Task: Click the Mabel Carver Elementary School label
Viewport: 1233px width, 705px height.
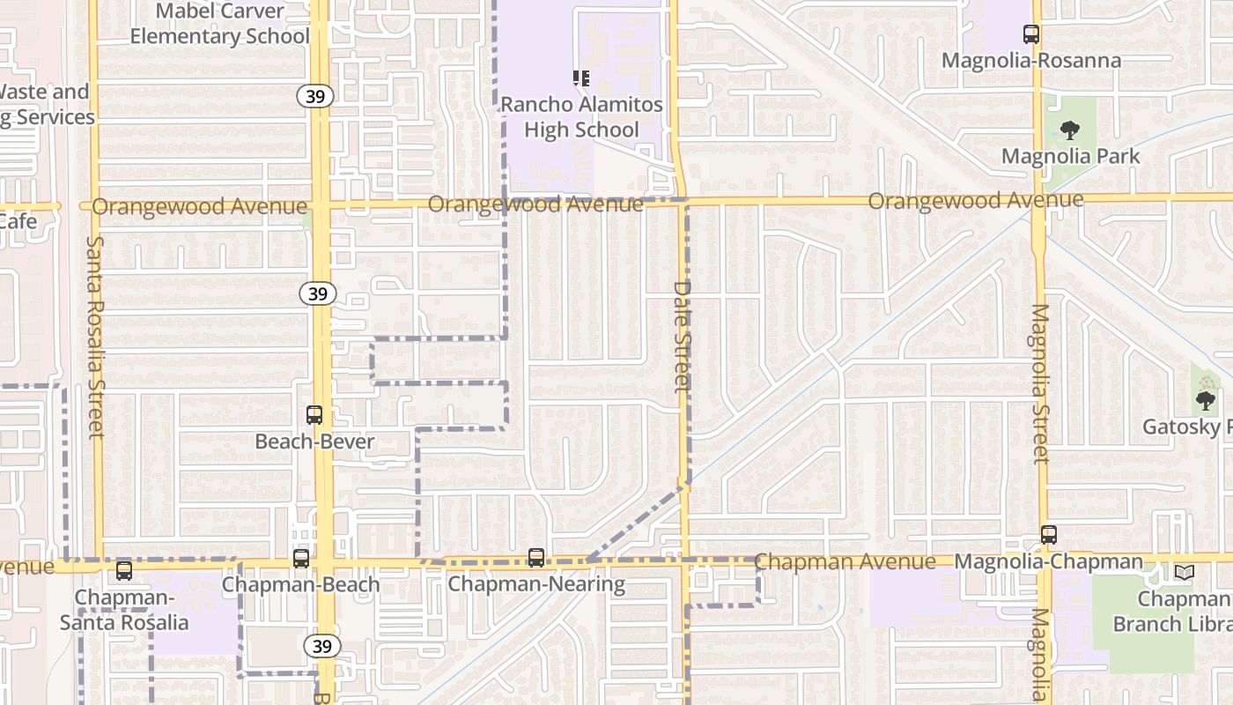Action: pos(220,24)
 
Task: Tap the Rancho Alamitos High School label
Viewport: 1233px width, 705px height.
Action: pos(581,117)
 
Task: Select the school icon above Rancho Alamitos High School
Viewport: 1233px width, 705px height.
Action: pos(581,78)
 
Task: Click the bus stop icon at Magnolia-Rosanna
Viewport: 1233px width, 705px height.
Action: pos(1030,34)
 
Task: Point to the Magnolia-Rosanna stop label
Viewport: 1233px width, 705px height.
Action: pos(1030,61)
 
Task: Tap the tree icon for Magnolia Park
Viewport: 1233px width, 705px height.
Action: pos(1070,131)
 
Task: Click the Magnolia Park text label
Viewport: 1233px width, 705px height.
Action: pos(1070,157)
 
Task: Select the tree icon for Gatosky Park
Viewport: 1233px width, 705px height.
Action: pos(1206,401)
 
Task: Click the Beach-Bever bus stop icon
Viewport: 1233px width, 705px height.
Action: pos(314,415)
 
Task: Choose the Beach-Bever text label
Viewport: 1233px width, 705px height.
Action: pos(314,441)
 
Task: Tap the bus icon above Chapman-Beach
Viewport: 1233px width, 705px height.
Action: pos(301,558)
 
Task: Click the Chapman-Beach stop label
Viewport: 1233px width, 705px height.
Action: pos(301,584)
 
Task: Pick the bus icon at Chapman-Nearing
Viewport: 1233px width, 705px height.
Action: pos(535,557)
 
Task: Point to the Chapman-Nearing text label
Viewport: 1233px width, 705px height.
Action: pos(535,584)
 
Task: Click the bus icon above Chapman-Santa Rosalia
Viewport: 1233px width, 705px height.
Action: pos(124,571)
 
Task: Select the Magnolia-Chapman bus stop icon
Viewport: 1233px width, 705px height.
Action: pos(1048,535)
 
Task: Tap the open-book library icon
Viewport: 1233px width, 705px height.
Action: pos(1184,573)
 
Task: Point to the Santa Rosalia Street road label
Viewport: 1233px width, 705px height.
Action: pos(95,337)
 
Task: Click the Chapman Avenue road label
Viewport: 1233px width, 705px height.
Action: pos(845,561)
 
